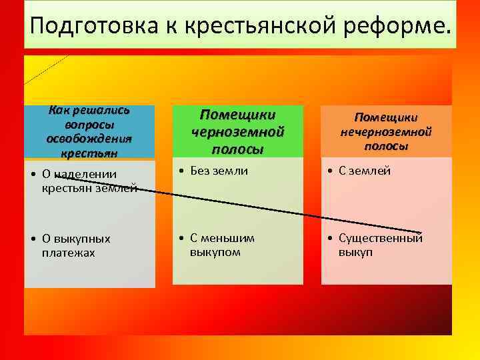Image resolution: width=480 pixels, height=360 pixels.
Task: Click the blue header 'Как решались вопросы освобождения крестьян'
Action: click(89, 131)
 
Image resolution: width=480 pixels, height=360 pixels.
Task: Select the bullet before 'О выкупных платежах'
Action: click(32, 239)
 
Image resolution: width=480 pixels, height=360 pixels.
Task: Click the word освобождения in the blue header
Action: click(89, 138)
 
